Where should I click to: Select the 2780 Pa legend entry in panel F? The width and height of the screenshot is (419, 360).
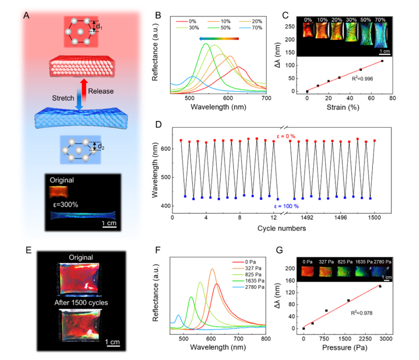point(248,287)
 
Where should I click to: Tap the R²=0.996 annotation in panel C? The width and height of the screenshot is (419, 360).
point(362,78)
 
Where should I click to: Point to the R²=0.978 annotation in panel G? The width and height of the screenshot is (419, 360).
point(361,313)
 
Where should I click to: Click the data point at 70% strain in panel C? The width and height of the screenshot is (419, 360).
point(382,61)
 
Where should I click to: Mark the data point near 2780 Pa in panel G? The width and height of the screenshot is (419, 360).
point(380,286)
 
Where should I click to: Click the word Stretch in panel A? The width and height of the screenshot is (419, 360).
point(63,98)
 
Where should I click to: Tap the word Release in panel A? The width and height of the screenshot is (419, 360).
point(101,91)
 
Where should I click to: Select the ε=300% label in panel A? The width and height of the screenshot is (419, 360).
point(65,205)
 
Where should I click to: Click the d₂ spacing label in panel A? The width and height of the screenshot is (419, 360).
point(101,147)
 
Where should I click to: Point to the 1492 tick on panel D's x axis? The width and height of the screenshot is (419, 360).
point(307,217)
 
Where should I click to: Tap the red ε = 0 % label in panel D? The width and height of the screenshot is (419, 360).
point(286,136)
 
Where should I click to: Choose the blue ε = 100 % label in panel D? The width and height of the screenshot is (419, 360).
point(286,206)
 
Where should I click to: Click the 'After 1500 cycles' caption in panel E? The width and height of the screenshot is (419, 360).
point(81,302)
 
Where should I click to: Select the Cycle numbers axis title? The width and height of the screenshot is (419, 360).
point(282,228)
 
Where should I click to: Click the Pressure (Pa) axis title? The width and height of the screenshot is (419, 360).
point(345,347)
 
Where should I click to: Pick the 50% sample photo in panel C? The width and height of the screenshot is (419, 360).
point(366,34)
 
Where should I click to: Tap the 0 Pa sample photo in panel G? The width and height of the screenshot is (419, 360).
point(307,271)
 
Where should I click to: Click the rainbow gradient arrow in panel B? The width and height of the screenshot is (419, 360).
point(219,39)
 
